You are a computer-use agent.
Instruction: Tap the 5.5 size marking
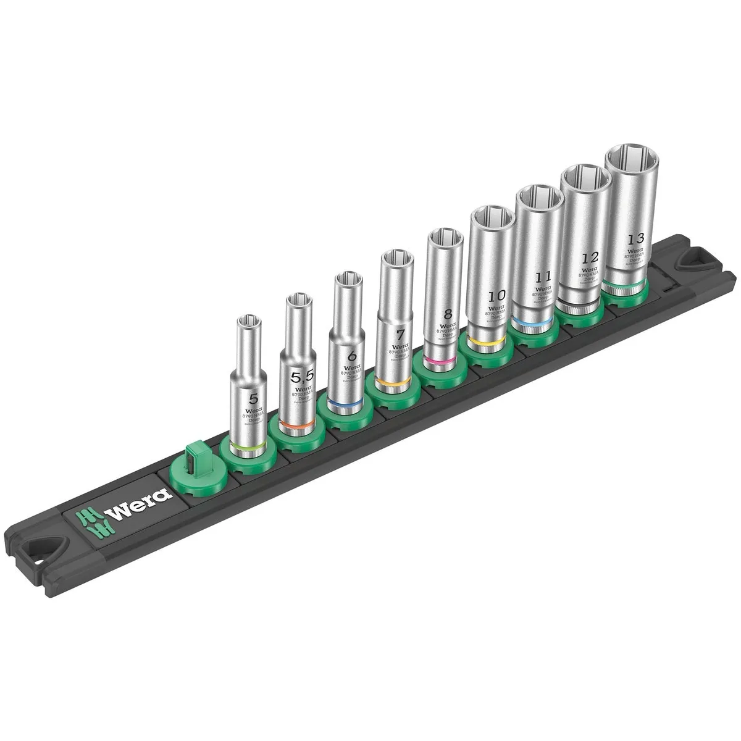coord(300,375)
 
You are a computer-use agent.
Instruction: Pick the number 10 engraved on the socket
coord(495,295)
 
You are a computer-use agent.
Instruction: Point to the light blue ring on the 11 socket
coord(534,322)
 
